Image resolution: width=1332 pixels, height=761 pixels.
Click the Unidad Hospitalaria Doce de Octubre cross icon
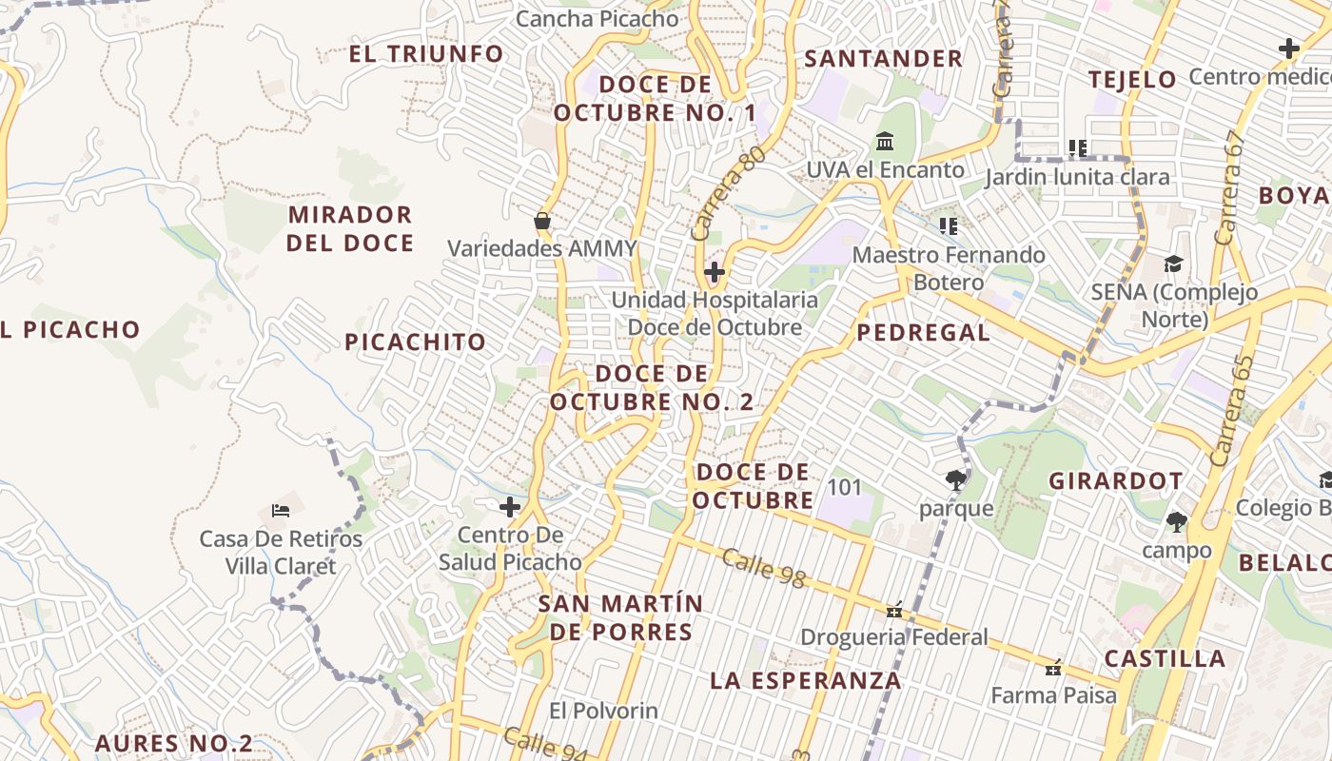[715, 273]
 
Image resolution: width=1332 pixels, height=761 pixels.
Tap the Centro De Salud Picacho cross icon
[510, 507]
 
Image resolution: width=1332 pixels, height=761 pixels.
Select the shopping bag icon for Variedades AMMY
[542, 222]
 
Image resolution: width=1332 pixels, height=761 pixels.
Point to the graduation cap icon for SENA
[1174, 264]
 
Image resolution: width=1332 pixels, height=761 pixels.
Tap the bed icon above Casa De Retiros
[281, 511]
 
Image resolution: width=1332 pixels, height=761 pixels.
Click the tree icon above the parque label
[956, 480]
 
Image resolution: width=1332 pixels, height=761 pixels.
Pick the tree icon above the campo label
[1177, 522]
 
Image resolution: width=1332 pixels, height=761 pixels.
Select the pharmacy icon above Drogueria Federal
[894, 610]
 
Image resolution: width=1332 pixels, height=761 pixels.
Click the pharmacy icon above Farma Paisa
[1053, 669]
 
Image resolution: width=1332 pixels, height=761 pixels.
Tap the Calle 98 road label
[763, 568]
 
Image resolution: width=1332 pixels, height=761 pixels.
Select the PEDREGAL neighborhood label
[923, 333]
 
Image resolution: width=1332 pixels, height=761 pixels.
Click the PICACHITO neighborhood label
[415, 342]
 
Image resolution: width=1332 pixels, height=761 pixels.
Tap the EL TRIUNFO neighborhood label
[425, 54]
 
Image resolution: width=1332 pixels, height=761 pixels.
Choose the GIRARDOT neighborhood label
[1116, 481]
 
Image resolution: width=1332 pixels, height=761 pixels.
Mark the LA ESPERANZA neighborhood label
[805, 681]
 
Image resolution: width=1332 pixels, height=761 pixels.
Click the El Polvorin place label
[603, 711]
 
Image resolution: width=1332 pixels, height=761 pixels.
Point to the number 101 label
[844, 488]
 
